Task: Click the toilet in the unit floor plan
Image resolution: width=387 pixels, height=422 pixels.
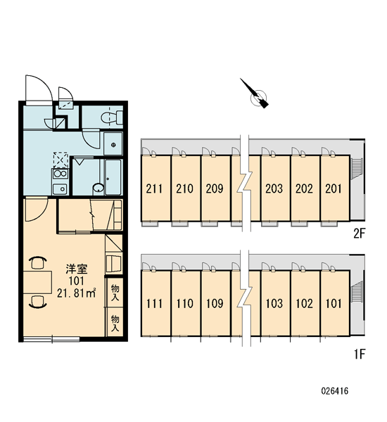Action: pyautogui.click(x=112, y=117)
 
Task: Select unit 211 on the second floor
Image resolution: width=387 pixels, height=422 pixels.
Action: pyautogui.click(x=156, y=188)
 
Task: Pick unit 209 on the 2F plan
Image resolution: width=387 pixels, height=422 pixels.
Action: pyautogui.click(x=215, y=188)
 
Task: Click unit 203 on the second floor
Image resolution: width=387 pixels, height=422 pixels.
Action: pyautogui.click(x=275, y=188)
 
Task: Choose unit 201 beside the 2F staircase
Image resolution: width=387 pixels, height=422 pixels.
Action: pyautogui.click(x=335, y=188)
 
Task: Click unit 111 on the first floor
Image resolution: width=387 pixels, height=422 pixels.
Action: pyautogui.click(x=156, y=303)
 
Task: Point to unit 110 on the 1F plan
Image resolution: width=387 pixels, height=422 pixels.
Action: pyautogui.click(x=186, y=303)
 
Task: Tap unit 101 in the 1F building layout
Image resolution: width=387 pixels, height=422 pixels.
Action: pyautogui.click(x=335, y=303)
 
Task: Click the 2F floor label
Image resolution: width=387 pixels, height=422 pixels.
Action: pyautogui.click(x=359, y=234)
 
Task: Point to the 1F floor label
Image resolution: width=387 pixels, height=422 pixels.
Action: pyautogui.click(x=360, y=354)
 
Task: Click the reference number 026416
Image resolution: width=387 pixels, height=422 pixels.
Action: pyautogui.click(x=335, y=390)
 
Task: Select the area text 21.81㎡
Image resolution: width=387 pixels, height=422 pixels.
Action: pyautogui.click(x=77, y=293)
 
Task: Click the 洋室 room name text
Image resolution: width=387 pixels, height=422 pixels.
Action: pyautogui.click(x=77, y=269)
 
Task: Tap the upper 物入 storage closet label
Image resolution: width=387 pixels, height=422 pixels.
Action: pyautogui.click(x=115, y=293)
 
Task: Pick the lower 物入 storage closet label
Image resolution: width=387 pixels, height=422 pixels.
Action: pyautogui.click(x=115, y=324)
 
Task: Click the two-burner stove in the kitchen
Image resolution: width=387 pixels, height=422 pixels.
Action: pyautogui.click(x=61, y=174)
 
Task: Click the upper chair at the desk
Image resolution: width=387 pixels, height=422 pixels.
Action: pyautogui.click(x=38, y=262)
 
